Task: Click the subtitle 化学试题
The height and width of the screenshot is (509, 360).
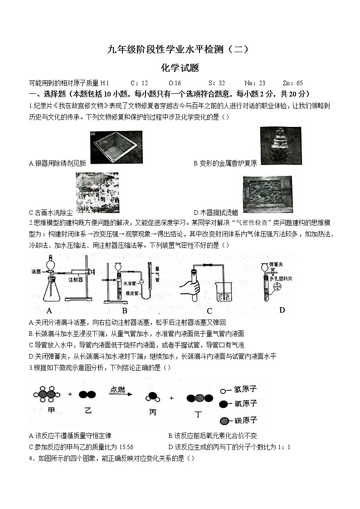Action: coord(180,68)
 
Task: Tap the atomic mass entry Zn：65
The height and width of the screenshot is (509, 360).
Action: coord(292,83)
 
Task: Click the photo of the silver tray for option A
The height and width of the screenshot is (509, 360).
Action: coord(116,147)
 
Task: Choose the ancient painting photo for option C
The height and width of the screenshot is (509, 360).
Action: coord(96,192)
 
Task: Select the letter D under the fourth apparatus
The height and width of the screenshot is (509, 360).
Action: coord(282,310)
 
